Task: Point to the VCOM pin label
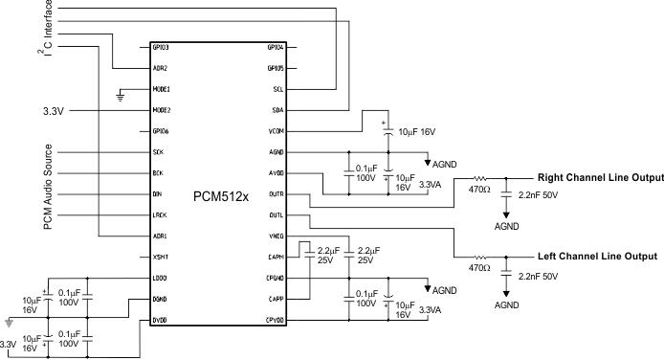click(276, 131)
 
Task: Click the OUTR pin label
click(276, 194)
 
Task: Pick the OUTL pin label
click(276, 215)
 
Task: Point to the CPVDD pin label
click(276, 321)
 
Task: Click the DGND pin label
click(160, 300)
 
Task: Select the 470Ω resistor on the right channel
click(480, 178)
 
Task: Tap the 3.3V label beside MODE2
click(54, 111)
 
